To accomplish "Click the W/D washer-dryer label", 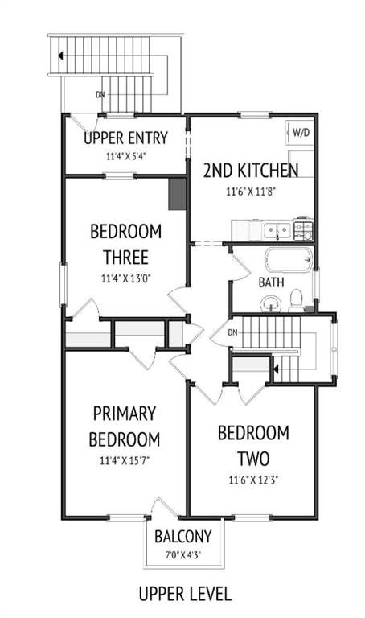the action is point(301,133).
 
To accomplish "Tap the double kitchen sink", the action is point(277,230).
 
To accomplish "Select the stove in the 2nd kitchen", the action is point(304,229).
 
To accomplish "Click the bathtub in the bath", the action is point(289,260).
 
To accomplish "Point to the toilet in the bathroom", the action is point(296,301).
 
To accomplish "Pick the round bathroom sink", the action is point(270,304).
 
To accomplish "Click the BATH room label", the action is point(271,282).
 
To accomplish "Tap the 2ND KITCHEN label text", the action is point(251,171).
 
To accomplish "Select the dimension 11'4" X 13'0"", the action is point(126,278).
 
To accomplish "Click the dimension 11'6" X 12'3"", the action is point(253,480).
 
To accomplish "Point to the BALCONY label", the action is point(183,537).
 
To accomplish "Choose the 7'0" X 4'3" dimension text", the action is point(183,555).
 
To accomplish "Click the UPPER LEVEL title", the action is point(185,594).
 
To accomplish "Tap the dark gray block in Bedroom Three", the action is point(177,194).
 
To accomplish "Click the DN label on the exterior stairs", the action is point(100,95).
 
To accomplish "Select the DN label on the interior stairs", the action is point(232,332).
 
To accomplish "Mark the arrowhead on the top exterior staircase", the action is point(60,56).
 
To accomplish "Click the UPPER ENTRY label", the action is point(126,138).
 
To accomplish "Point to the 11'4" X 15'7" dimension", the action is point(125,460).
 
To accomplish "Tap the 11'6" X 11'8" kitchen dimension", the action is point(251,192).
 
